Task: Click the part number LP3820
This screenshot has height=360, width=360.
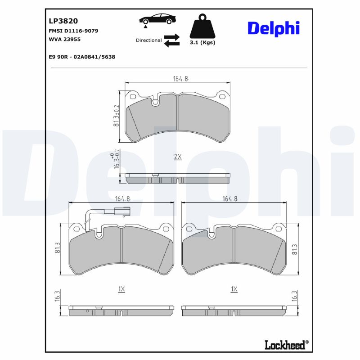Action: tap(63, 21)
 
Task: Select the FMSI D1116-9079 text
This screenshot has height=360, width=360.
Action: tap(73, 31)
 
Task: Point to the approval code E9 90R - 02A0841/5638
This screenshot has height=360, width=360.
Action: tap(81, 57)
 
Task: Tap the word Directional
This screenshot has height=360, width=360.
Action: tap(148, 40)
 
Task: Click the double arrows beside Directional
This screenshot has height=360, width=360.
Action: tap(171, 40)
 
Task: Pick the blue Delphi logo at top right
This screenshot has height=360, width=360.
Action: tap(273, 28)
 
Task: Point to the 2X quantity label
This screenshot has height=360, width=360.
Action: tap(177, 157)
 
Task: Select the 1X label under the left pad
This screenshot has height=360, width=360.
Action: tap(121, 289)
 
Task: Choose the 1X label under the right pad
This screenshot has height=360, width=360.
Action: tap(234, 289)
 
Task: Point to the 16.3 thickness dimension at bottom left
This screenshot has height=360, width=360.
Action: tap(57, 297)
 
